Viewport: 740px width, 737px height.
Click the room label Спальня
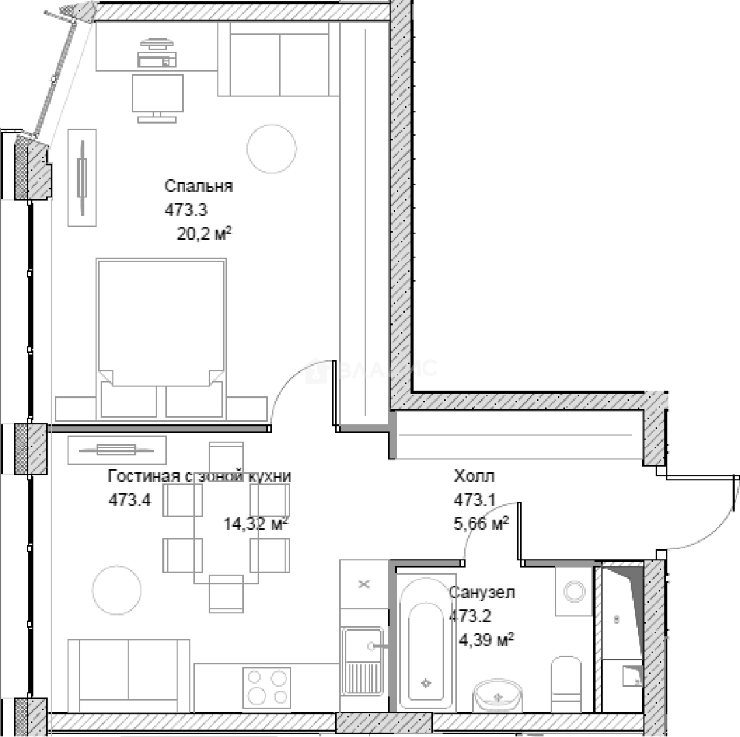coord(199,186)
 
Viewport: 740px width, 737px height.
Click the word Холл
coord(474,476)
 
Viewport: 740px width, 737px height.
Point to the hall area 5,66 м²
coord(483,523)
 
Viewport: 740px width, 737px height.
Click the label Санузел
coord(482,592)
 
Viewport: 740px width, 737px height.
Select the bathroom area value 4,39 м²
coord(487,639)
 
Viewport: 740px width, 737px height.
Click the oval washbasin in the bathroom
coord(499,696)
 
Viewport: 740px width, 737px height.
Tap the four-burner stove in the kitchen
coord(268,687)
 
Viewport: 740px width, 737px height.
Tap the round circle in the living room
coord(117,590)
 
